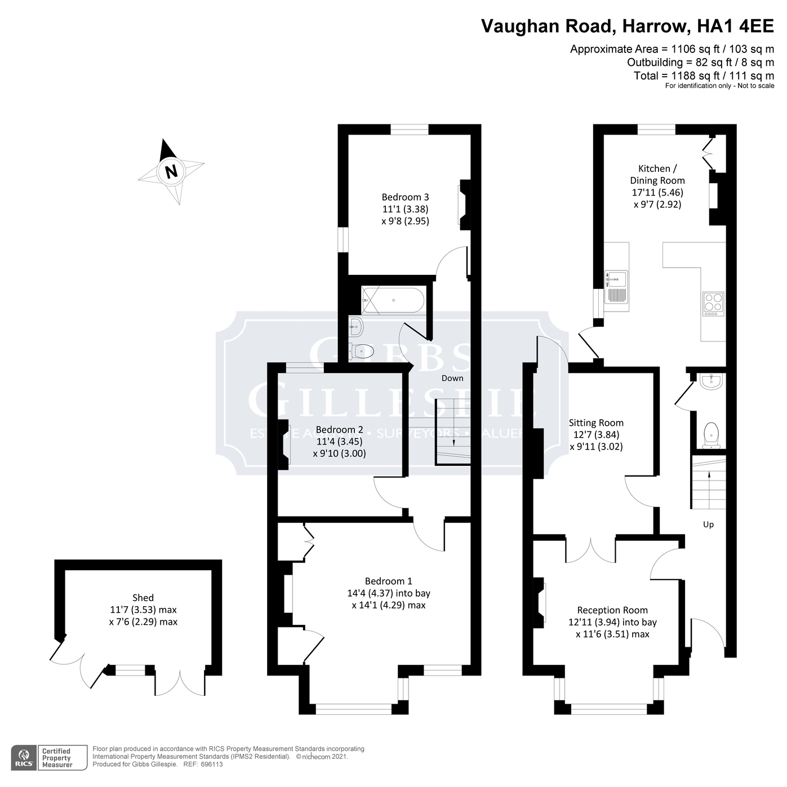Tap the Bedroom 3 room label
coord(405,197)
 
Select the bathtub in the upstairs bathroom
coord(393,300)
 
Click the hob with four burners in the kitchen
coord(713,304)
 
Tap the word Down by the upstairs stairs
coord(452,378)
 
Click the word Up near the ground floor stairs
coord(708,524)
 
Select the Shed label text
coord(143,598)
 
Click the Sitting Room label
coord(596,423)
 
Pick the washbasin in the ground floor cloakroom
coord(712,382)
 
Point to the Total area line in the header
coord(704,75)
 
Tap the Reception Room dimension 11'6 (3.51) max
coord(612,634)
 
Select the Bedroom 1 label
coord(388,581)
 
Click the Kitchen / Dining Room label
coord(657,174)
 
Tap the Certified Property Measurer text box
coord(57,758)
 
